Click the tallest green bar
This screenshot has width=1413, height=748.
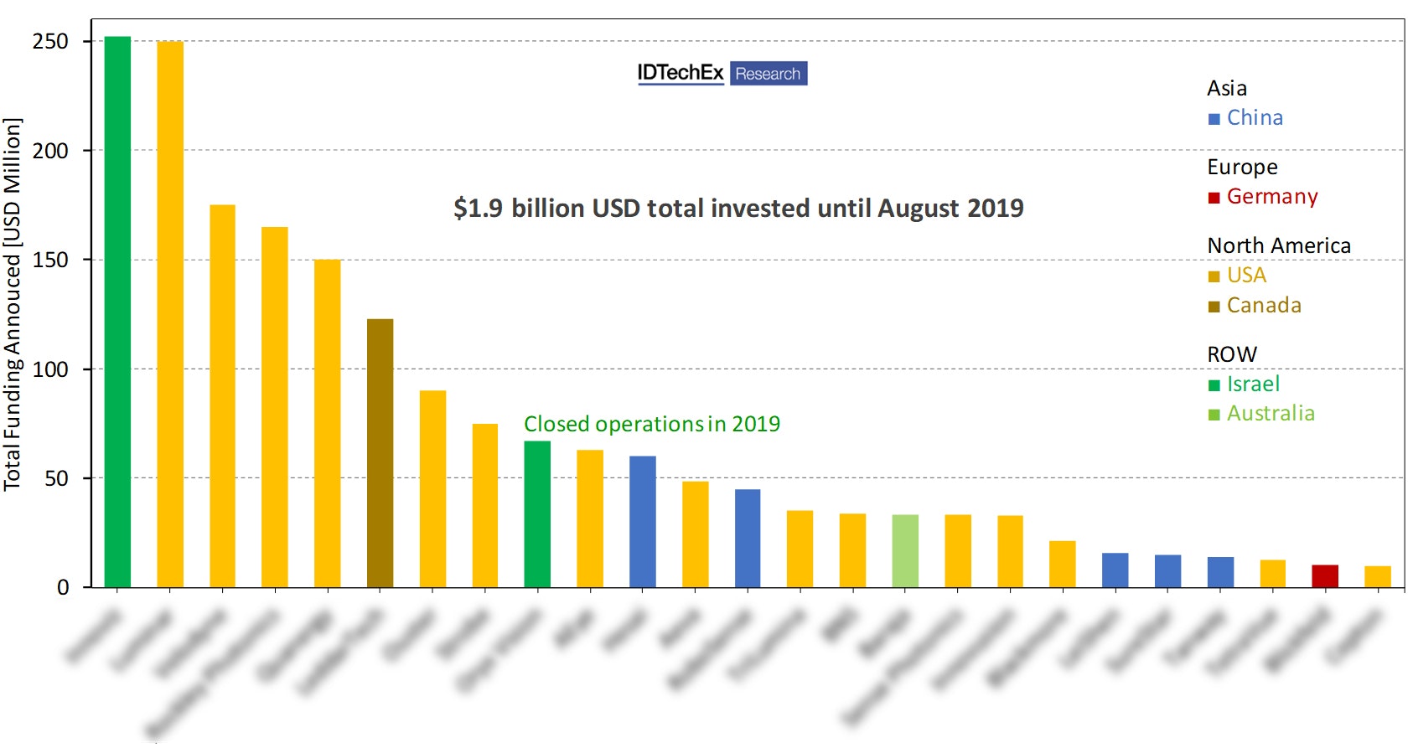click(117, 312)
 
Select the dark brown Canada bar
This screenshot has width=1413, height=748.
click(380, 452)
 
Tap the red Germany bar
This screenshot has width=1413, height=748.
click(1325, 576)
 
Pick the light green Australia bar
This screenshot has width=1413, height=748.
click(905, 550)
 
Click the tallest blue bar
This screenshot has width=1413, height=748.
click(643, 521)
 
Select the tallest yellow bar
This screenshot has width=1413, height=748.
click(170, 314)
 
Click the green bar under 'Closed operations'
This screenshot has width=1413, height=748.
click(537, 513)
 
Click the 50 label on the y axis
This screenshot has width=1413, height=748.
click(57, 478)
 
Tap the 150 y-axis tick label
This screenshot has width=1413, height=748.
click(50, 260)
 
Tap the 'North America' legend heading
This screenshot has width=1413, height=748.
click(1278, 245)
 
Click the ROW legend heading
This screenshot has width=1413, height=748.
click(1231, 354)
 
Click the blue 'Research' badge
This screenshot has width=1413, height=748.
click(768, 74)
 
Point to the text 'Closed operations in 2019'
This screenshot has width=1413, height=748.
click(651, 424)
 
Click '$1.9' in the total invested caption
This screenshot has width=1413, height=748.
click(478, 209)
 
